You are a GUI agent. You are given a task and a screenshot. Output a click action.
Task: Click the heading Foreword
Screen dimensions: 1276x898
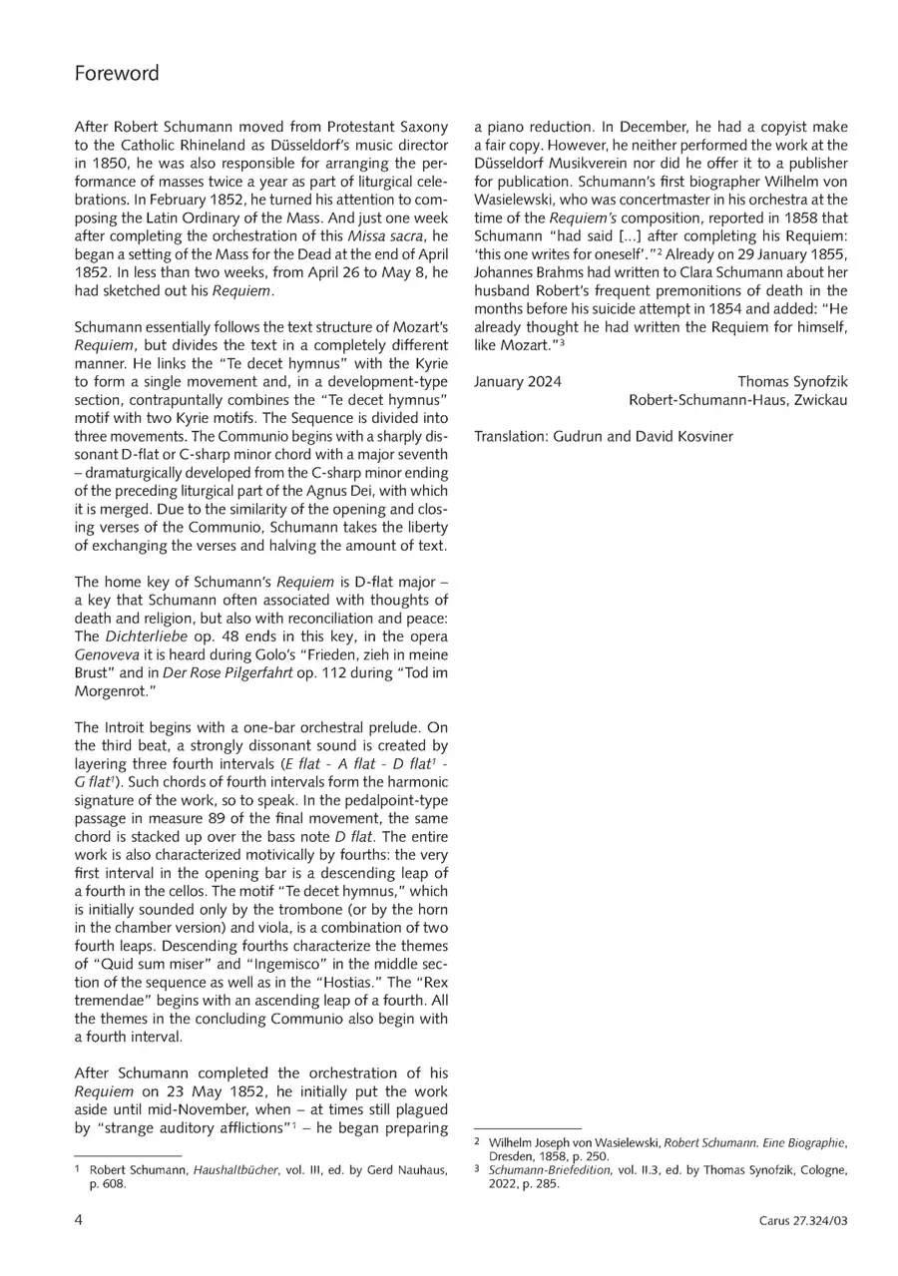[x=117, y=74]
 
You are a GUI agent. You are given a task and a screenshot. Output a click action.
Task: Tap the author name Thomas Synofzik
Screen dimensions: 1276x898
[x=792, y=381]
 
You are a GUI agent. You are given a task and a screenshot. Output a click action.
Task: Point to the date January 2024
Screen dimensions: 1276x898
[x=517, y=381]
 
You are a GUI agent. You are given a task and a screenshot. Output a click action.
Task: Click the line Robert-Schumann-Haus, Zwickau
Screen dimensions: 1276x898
[x=738, y=400]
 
